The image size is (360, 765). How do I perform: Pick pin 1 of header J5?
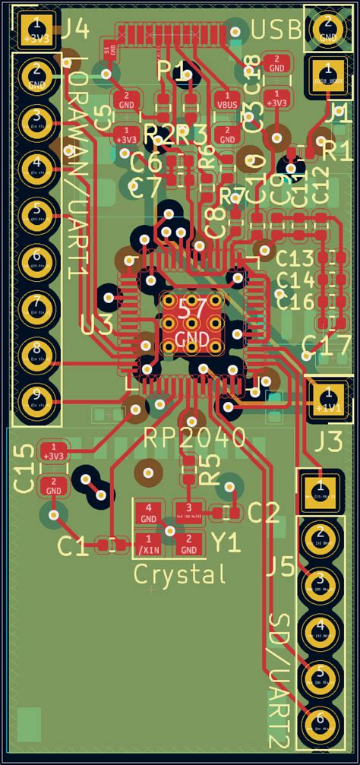point(320,491)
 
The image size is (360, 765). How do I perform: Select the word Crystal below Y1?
point(180,574)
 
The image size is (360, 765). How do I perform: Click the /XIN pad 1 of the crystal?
point(149,543)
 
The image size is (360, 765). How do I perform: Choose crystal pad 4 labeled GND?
point(149,513)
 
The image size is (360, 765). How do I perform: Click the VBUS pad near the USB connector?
point(227,99)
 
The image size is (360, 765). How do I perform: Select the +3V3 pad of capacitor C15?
point(53,450)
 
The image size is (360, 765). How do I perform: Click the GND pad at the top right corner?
point(328,29)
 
